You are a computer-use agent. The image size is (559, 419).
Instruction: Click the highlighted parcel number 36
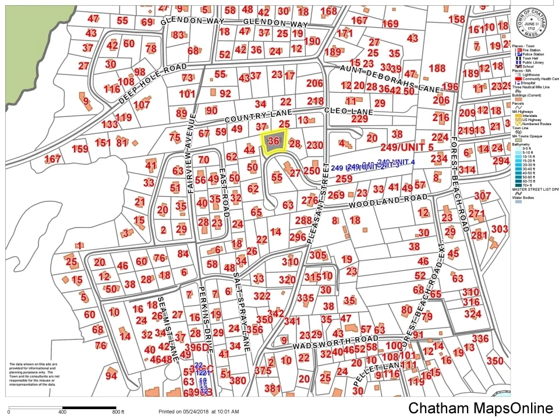[274, 141]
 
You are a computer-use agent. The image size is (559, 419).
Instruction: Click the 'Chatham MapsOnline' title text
[480, 408]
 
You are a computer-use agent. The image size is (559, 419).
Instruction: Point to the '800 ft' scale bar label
[118, 412]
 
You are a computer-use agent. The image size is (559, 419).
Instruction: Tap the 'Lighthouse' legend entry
[532, 74]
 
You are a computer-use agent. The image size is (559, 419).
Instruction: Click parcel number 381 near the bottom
[273, 388]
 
